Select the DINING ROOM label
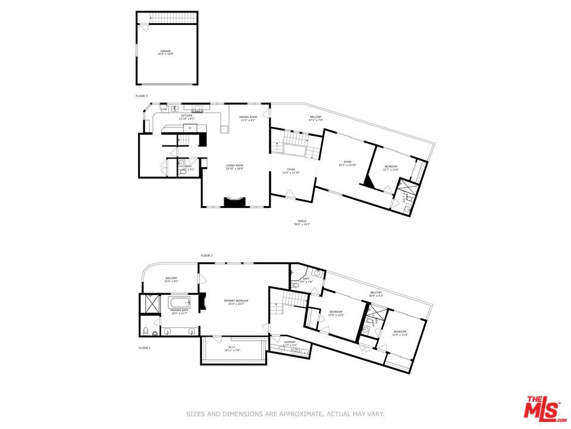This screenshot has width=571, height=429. [x=248, y=118]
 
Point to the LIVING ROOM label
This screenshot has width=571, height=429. [x=234, y=167]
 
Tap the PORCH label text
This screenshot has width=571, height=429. [x=302, y=223]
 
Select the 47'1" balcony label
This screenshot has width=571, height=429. [x=315, y=118]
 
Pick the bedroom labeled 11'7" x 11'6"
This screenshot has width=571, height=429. [x=391, y=168]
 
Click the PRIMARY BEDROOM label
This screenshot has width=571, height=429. [x=236, y=301]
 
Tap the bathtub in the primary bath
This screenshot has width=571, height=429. [x=178, y=302]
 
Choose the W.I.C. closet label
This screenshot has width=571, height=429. [x=233, y=349]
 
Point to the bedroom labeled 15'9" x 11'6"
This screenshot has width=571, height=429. [x=336, y=313]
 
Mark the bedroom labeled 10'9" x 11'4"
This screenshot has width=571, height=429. [x=399, y=333]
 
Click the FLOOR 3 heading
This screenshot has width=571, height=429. [x=142, y=96]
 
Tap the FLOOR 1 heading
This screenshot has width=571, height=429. [x=145, y=347]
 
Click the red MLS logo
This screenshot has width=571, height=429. [x=542, y=408]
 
